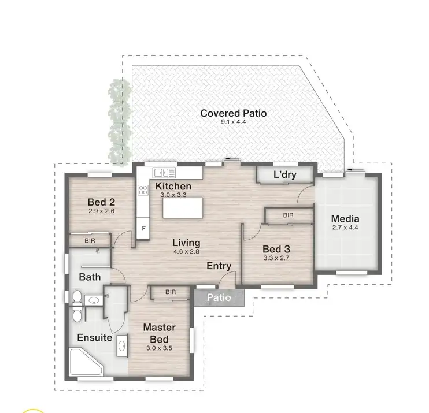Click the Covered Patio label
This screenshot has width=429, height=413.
[x=233, y=113]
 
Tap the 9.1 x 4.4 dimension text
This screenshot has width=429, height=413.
[x=233, y=122]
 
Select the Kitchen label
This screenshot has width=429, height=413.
[x=173, y=186]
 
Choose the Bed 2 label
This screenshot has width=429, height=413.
[x=101, y=202]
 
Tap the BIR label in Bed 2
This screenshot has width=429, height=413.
[x=90, y=240]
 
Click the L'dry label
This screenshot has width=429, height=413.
[x=284, y=174]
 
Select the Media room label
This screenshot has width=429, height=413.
[x=345, y=219]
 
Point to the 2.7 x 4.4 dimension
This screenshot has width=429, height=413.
[x=345, y=228]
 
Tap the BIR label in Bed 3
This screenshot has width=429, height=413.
[x=288, y=215]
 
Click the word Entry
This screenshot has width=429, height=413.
[x=219, y=266]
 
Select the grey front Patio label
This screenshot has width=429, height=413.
[x=219, y=298]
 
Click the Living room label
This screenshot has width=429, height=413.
[x=186, y=243]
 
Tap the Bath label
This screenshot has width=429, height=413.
[x=90, y=277]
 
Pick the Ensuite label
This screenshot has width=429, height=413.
[x=94, y=338]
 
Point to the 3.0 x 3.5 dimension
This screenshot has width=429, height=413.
[x=159, y=348]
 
